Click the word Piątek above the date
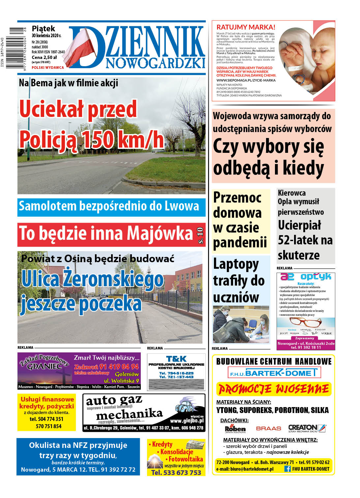43,29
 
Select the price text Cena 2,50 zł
44,57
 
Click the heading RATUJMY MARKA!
246,27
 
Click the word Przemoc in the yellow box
237,198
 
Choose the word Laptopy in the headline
236,264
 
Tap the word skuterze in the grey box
299,255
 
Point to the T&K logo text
176,359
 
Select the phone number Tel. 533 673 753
176,473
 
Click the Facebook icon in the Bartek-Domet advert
287,469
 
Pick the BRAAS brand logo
268,429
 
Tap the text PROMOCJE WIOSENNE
274,389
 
